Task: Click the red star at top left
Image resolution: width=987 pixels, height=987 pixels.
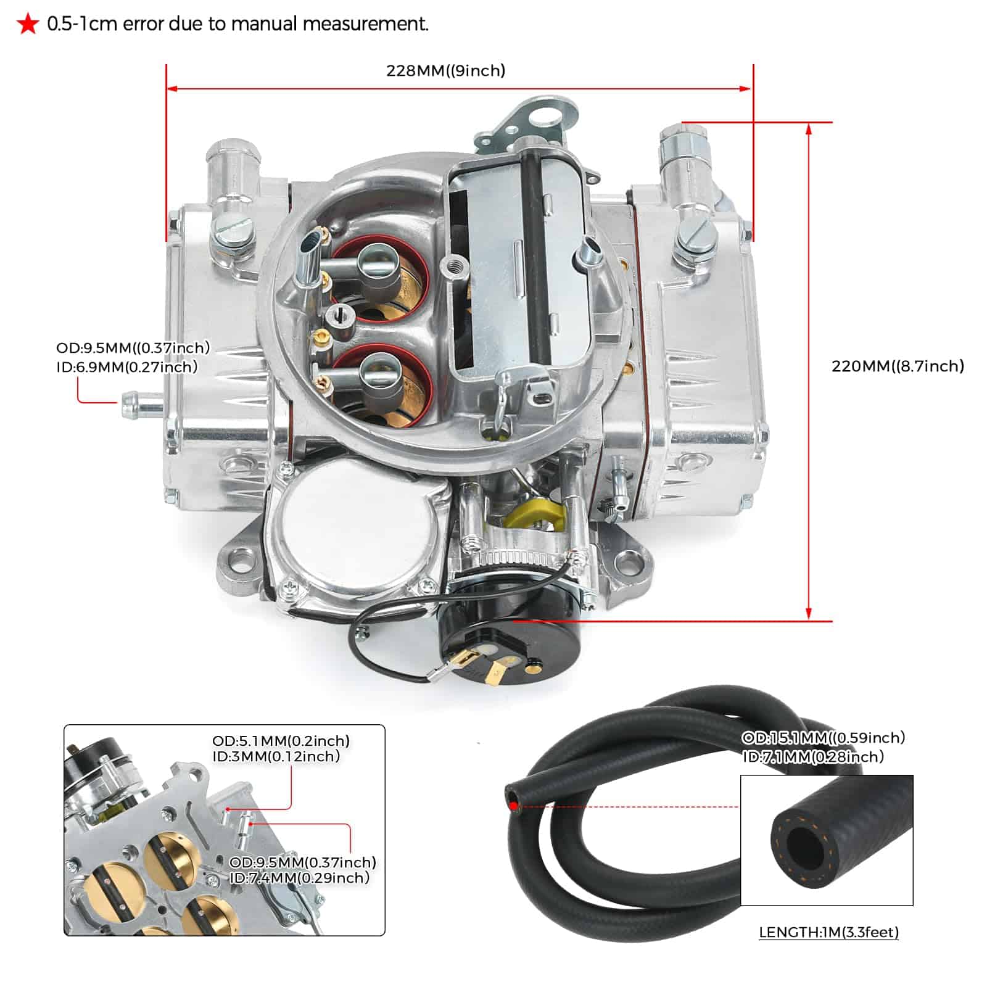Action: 28,25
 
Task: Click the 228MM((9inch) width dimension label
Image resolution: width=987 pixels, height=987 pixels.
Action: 445,70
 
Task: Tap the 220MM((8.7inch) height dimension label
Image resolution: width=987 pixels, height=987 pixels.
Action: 898,366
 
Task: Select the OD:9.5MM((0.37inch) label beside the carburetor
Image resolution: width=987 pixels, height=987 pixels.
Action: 133,348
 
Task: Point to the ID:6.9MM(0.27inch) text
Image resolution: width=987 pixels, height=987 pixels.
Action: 127,367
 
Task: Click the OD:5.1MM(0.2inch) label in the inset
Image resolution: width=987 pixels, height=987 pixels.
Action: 281,740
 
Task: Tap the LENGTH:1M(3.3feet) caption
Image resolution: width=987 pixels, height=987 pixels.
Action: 828,932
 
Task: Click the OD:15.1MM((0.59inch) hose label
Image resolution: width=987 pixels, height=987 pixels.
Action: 823,738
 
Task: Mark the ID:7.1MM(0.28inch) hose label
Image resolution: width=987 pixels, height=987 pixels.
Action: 813,756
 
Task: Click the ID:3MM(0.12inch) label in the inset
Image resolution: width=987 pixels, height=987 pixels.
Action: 276,756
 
